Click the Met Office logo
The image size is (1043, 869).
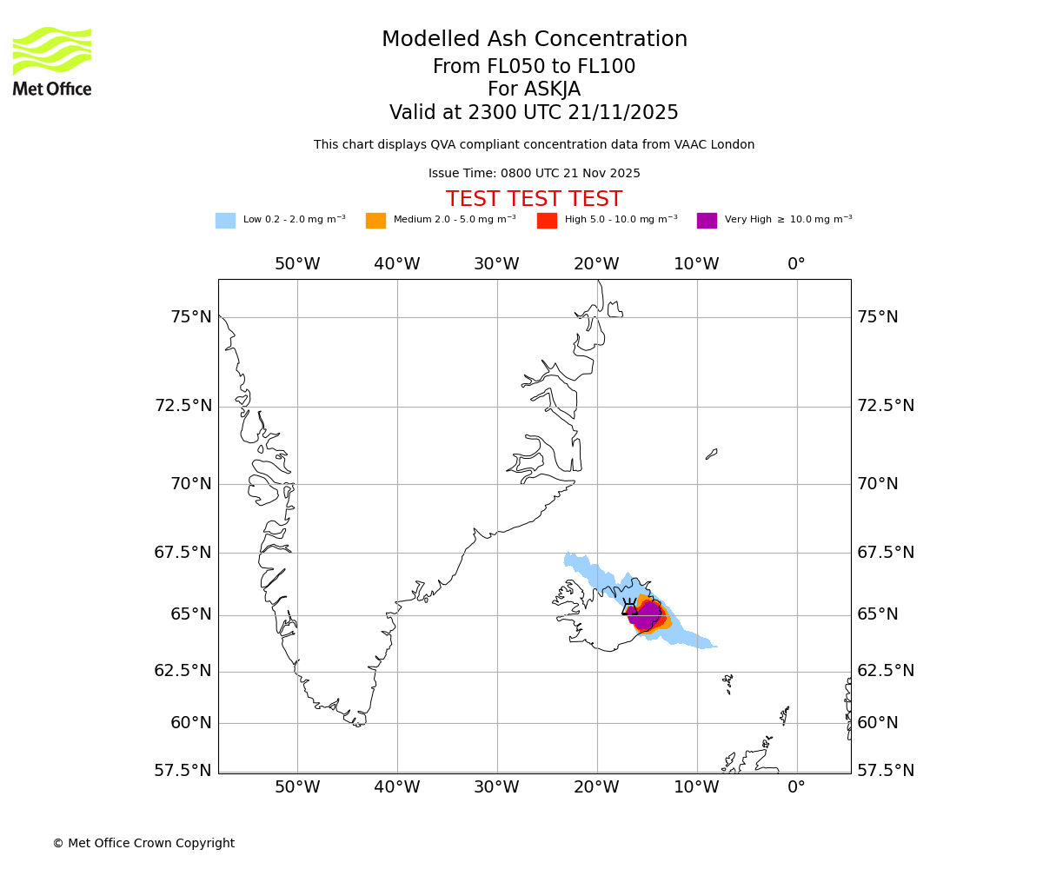click(x=52, y=61)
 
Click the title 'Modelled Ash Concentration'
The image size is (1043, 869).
click(x=535, y=40)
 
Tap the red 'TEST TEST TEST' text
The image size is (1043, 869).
click(x=534, y=199)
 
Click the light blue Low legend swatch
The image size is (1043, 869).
click(x=225, y=221)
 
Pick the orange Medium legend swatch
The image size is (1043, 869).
click(x=375, y=221)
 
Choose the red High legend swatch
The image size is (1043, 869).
click(x=547, y=221)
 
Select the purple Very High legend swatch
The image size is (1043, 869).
click(x=707, y=221)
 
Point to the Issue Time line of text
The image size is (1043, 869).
click(x=534, y=174)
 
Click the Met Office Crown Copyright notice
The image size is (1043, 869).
click(x=143, y=843)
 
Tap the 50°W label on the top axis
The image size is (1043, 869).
click(x=297, y=264)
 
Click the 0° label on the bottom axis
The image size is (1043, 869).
click(x=796, y=787)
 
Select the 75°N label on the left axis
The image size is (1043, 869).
click(x=190, y=317)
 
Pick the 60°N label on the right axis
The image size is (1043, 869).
click(x=878, y=723)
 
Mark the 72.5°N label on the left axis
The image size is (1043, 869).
click(x=183, y=406)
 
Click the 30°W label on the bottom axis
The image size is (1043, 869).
click(x=496, y=787)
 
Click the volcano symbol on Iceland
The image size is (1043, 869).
click(x=629, y=607)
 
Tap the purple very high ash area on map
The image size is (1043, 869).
click(x=647, y=615)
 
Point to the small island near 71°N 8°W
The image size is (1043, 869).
click(x=712, y=454)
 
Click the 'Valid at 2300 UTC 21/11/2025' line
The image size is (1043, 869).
click(x=534, y=113)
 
